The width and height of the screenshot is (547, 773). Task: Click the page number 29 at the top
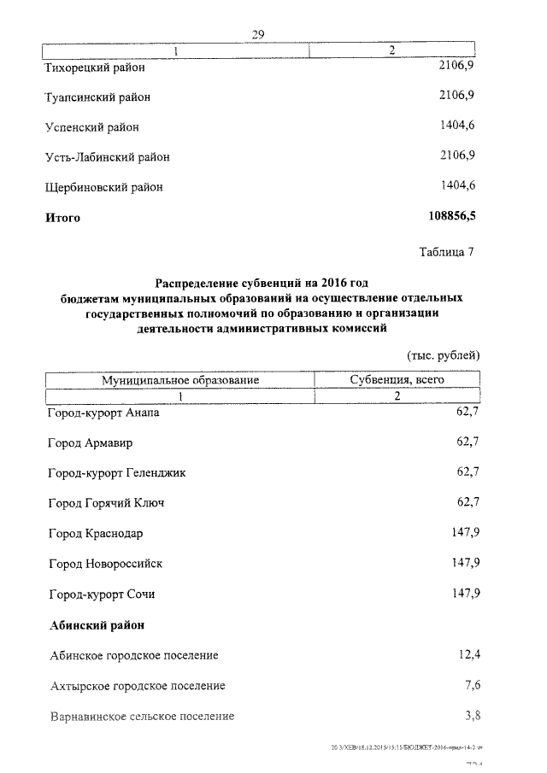[x=259, y=33]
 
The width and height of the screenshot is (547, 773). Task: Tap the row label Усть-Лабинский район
[x=107, y=157]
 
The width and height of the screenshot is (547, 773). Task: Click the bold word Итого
[x=62, y=218]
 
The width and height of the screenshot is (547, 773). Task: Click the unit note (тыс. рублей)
[x=442, y=354]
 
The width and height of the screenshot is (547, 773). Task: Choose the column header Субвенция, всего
[x=397, y=379]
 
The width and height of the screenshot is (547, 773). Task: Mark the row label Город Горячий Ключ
[x=106, y=503]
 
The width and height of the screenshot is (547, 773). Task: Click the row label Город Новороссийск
[x=105, y=564]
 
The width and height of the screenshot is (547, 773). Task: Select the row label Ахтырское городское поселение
[x=137, y=686]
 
